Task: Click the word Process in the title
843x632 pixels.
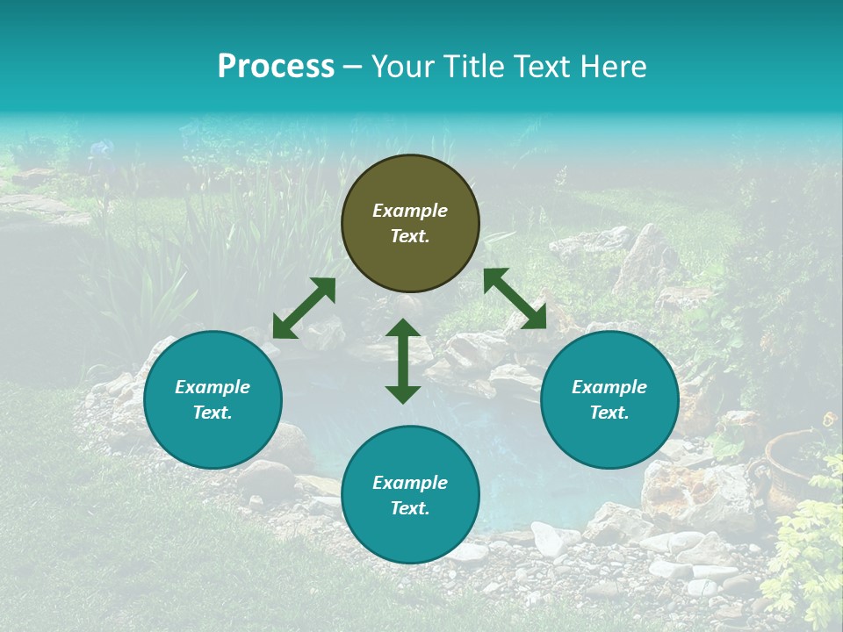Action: coord(276,67)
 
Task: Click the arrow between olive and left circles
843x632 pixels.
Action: coord(304,308)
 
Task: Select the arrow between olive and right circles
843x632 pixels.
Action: coord(515,298)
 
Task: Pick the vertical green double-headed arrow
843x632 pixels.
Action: coord(403,361)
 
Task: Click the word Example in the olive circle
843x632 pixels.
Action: coord(410,211)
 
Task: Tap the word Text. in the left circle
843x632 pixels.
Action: coord(213,413)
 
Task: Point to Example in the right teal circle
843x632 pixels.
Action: coord(609,387)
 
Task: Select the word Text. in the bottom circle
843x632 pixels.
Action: coord(410,508)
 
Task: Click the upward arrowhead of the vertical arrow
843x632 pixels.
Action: coord(403,328)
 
